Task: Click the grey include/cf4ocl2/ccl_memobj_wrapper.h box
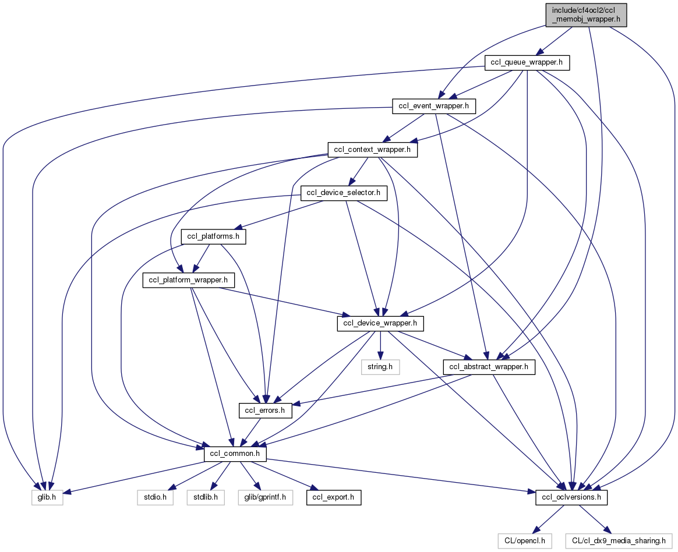587,14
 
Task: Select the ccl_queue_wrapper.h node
527,62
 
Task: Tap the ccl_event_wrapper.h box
434,106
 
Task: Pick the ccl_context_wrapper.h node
372,150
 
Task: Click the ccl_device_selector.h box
344,193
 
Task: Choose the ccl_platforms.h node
214,237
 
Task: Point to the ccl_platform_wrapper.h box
189,280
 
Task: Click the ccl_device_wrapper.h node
380,324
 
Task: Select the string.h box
380,367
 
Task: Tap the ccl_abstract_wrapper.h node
489,367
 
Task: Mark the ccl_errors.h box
265,411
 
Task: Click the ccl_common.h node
236,454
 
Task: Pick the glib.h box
46,498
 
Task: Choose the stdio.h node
156,498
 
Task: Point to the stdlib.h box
206,498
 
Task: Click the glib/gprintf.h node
265,498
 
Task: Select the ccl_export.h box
334,498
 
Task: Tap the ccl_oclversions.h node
572,498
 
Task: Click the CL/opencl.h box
525,541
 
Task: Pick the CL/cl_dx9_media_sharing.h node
619,541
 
